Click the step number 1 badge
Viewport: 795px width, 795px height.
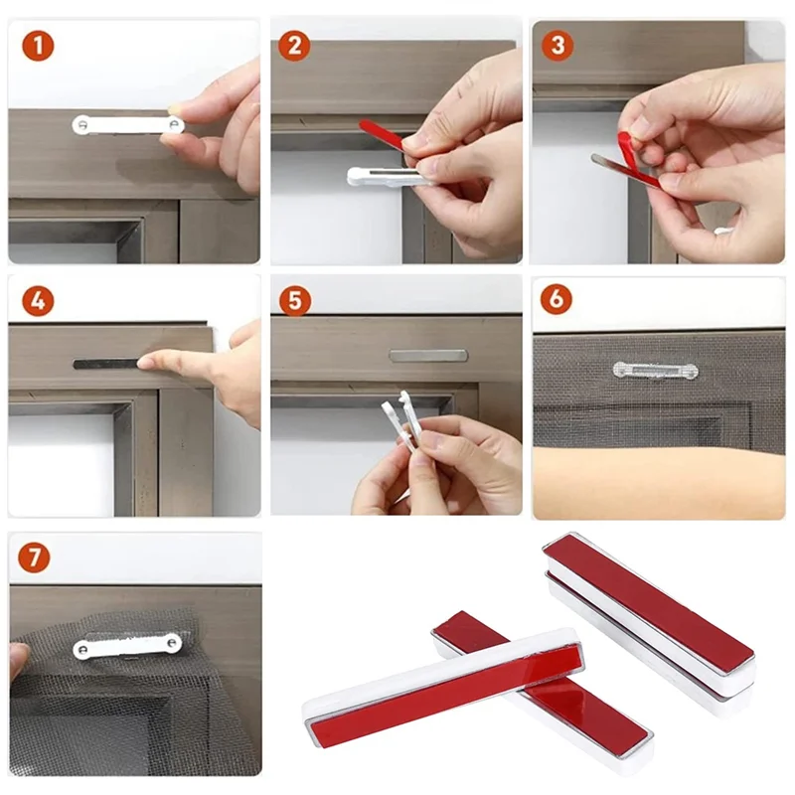coord(38,45)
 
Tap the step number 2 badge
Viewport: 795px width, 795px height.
coord(295,45)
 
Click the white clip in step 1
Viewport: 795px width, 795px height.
coord(127,124)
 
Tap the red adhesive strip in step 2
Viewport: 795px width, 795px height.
coord(382,136)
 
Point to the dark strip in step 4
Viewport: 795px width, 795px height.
coord(104,364)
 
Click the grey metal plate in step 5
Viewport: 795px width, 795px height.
coord(427,355)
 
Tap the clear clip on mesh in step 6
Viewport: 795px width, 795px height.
coord(655,371)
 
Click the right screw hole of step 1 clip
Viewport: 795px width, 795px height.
coord(174,124)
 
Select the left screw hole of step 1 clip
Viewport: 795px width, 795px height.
coord(82,124)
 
